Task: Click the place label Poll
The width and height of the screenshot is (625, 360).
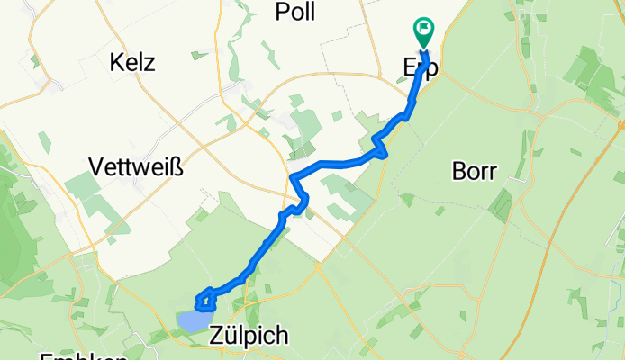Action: pos(296,11)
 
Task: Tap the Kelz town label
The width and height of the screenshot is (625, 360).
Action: pos(132,63)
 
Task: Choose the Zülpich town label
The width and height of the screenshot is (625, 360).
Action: pos(249,337)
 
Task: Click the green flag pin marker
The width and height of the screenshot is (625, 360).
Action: pos(423,32)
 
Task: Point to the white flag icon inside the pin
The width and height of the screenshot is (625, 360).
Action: pos(423,29)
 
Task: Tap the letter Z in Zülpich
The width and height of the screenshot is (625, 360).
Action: pos(216,337)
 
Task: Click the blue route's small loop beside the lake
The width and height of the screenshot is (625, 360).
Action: pos(204,299)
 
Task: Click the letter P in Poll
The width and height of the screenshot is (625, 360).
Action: pos(281,11)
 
